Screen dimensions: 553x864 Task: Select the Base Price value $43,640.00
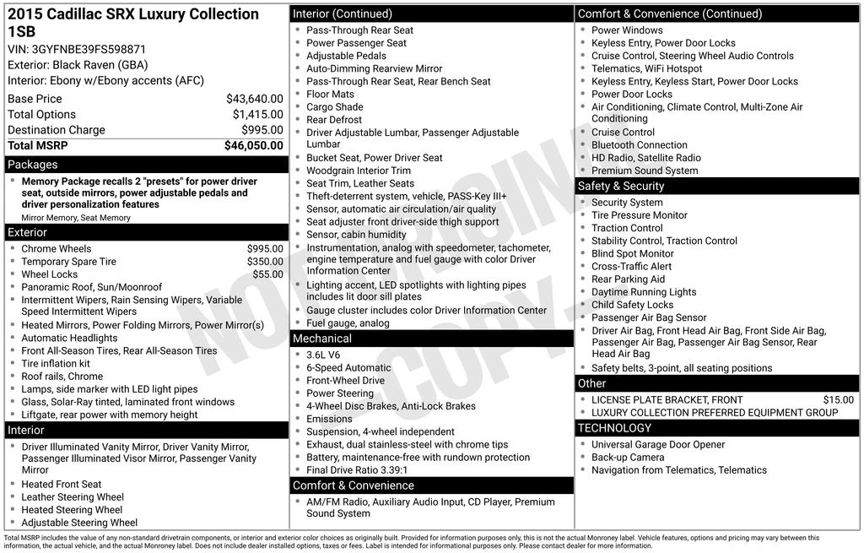click(254, 99)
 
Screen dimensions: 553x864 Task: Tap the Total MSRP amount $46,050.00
click(253, 146)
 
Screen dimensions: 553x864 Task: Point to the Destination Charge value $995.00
click(262, 130)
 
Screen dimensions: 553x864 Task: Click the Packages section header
click(33, 165)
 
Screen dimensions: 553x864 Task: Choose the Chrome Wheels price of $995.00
click(265, 249)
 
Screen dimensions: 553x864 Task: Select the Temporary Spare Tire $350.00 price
click(265, 262)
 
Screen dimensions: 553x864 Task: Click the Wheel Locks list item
click(49, 274)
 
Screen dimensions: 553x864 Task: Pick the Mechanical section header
click(322, 339)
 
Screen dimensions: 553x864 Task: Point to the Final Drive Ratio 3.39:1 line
click(357, 470)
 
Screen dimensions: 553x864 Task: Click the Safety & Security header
click(621, 186)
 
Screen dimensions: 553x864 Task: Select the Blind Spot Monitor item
click(633, 253)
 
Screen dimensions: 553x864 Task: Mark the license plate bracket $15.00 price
click(838, 400)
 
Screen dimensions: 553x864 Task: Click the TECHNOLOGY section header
click(615, 428)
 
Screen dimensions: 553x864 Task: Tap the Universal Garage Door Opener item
click(658, 445)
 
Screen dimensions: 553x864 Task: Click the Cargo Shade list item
click(335, 107)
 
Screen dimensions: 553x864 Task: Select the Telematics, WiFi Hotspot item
click(646, 68)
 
